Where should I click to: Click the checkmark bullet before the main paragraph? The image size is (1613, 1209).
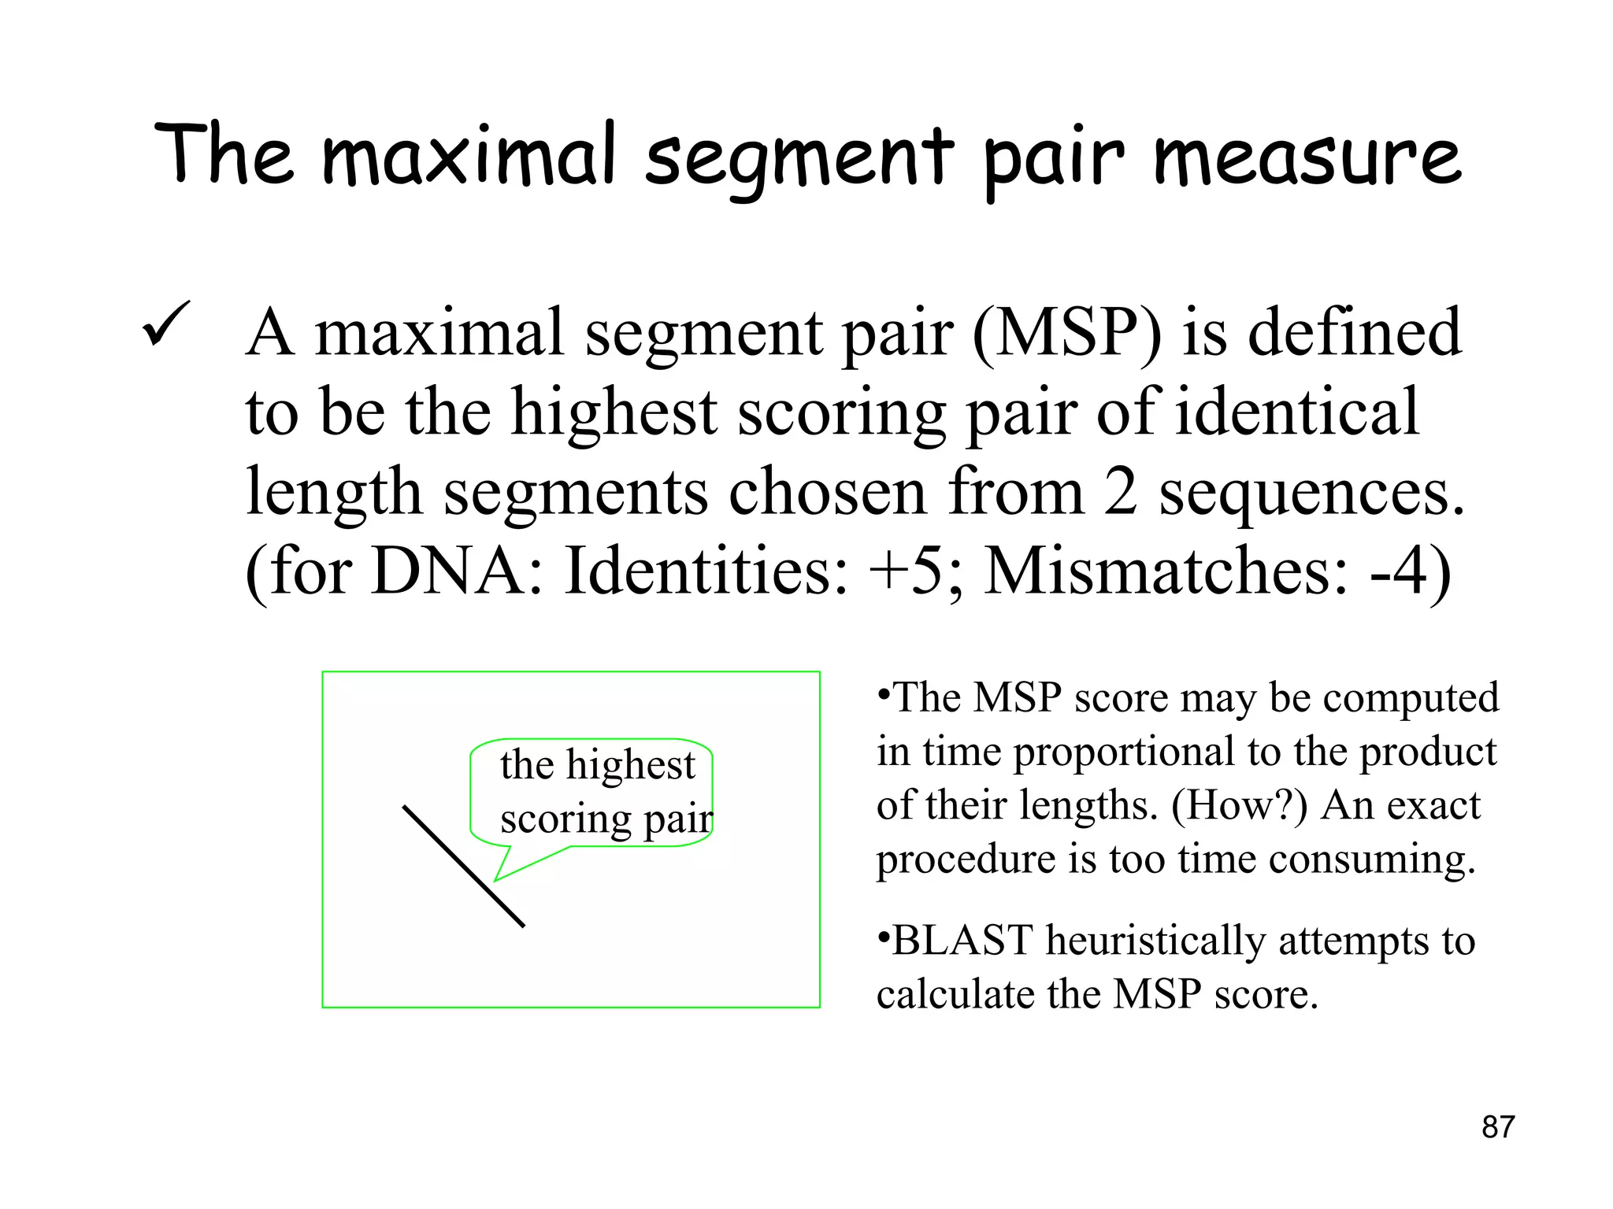[x=166, y=324]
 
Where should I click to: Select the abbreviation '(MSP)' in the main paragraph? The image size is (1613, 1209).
[x=1066, y=334]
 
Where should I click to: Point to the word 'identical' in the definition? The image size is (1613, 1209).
[x=1296, y=412]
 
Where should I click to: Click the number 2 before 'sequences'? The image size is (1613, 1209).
[x=1120, y=493]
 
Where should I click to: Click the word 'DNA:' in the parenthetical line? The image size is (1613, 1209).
[x=457, y=571]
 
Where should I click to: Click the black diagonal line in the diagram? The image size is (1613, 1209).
[x=463, y=866]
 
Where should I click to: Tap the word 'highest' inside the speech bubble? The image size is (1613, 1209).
[x=630, y=765]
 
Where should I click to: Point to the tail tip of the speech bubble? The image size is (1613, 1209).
[x=496, y=879]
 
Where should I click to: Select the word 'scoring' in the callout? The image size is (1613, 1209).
[x=565, y=820]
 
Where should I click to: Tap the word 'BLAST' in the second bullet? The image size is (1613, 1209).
[x=962, y=941]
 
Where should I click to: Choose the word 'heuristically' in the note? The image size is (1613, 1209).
[x=1155, y=941]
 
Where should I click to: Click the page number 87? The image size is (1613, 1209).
[x=1497, y=1127]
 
